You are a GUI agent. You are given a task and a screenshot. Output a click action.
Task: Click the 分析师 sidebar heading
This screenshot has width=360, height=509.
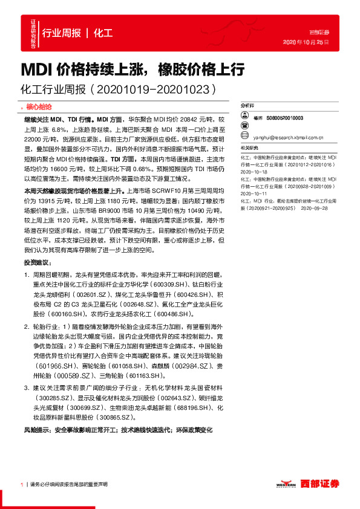point(247,105)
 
